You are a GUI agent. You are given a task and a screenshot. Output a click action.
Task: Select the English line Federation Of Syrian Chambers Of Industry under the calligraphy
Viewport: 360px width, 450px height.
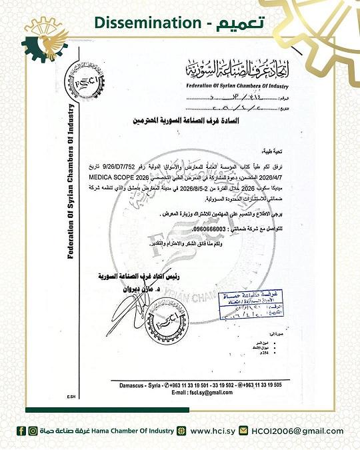tap(225, 85)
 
